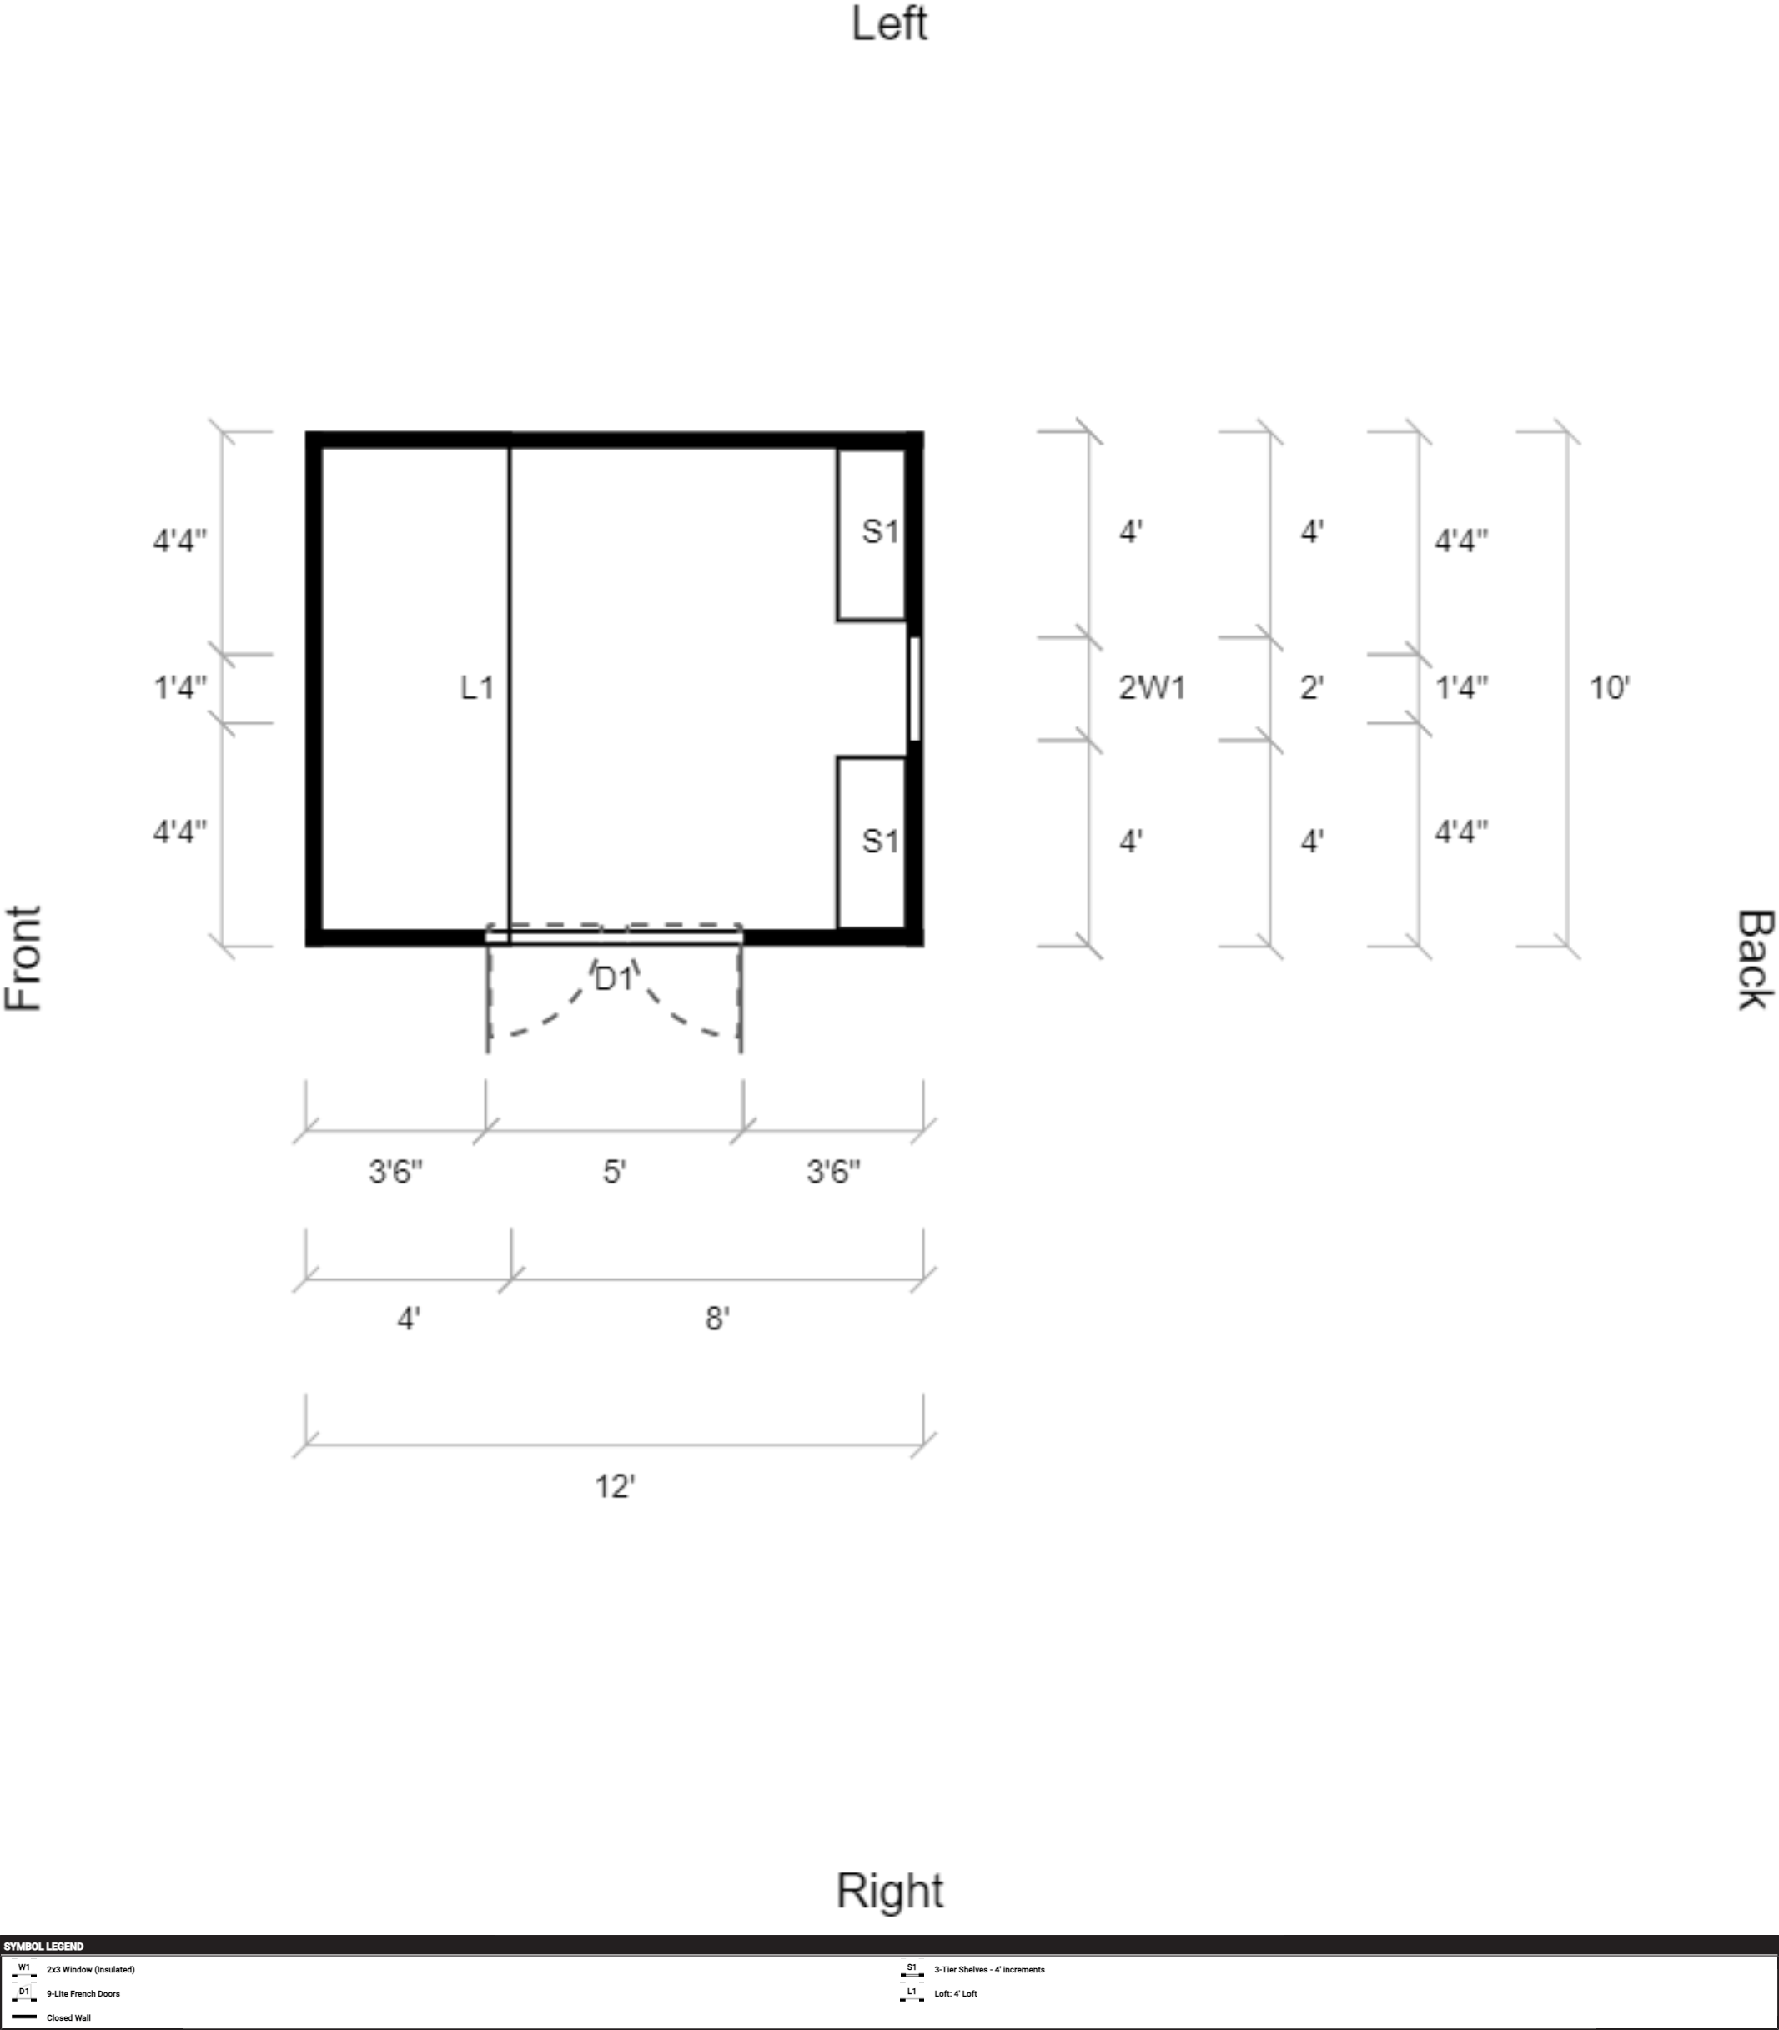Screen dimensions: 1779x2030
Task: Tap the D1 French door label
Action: [614, 979]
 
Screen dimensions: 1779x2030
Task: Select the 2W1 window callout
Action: [1152, 687]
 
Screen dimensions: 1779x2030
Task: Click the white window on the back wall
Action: [914, 688]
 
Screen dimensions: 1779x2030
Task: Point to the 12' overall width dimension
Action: [615, 1486]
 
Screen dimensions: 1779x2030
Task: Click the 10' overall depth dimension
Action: [1609, 687]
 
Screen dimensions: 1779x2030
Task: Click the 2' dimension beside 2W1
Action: [1311, 687]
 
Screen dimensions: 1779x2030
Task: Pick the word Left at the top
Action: [889, 24]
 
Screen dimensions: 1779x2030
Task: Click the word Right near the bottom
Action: [889, 1890]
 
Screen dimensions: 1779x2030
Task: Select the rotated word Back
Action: [1754, 959]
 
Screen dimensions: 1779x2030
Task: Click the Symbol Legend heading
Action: [43, 1947]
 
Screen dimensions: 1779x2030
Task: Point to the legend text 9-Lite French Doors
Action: [83, 1993]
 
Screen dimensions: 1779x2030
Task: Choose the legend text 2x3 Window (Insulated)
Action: [90, 1969]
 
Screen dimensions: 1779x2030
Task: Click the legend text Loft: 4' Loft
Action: [955, 1993]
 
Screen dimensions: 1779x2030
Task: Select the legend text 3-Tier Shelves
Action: [990, 1969]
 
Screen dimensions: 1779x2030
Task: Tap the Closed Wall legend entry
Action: [68, 2017]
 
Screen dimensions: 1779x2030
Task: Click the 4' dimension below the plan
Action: [408, 1319]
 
